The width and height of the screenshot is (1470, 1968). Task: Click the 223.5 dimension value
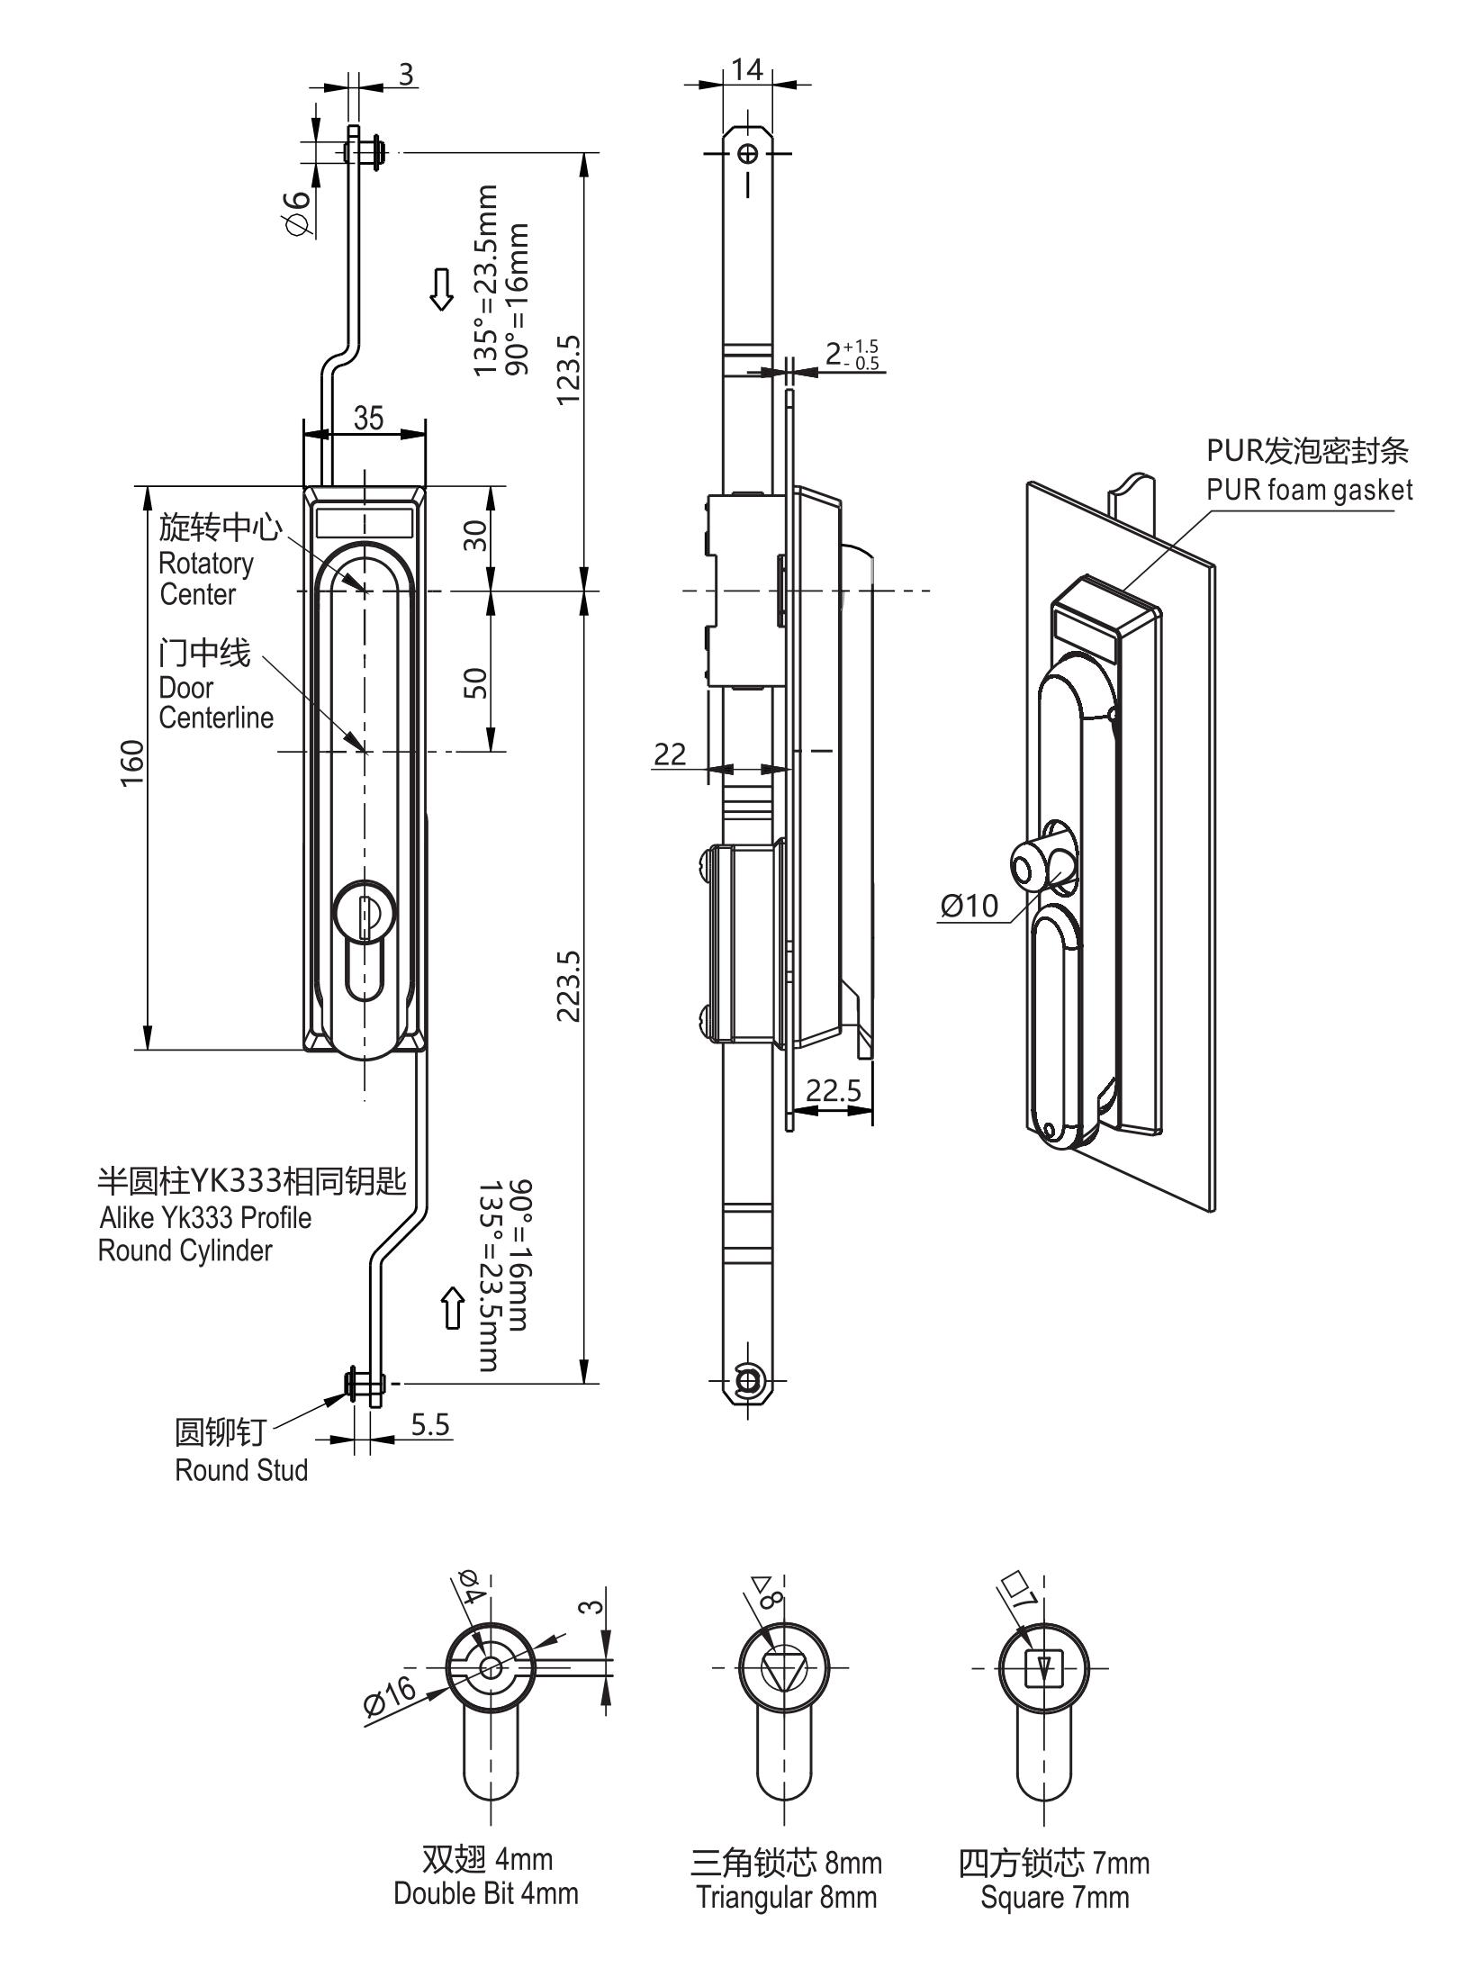click(568, 986)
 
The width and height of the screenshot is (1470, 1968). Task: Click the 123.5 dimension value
click(568, 369)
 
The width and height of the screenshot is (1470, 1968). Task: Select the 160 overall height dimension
click(133, 763)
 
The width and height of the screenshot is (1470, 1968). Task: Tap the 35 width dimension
click(368, 419)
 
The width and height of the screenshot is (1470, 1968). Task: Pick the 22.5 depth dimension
click(833, 1091)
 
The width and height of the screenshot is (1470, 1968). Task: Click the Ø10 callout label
click(969, 905)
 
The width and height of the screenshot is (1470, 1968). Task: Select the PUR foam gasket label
click(1309, 490)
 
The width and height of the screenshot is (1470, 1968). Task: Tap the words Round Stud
click(241, 1470)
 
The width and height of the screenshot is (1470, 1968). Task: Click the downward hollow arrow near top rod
click(441, 289)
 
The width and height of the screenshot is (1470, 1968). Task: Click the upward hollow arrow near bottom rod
click(453, 1308)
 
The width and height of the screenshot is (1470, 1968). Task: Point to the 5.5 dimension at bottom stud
click(430, 1424)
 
